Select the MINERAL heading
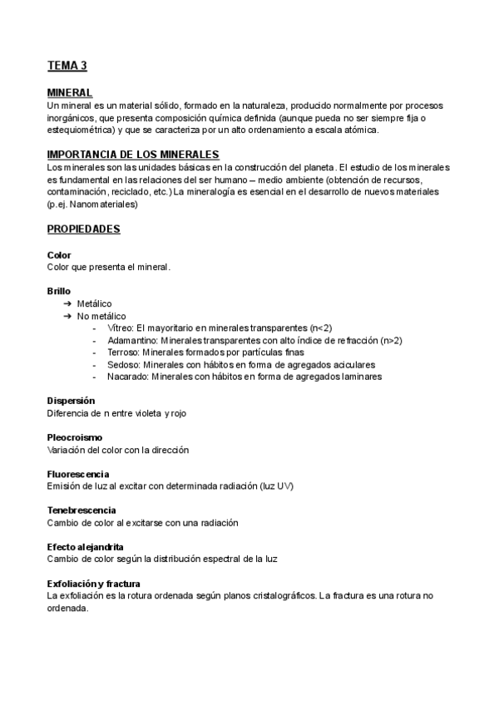click(x=70, y=93)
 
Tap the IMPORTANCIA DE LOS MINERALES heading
click(x=133, y=155)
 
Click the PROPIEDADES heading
click(x=84, y=228)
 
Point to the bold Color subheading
click(x=60, y=254)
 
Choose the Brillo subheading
click(x=59, y=291)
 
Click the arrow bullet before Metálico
click(x=67, y=304)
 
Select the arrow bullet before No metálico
click(x=67, y=317)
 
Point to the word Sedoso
click(x=123, y=364)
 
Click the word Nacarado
click(x=128, y=377)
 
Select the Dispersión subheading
click(x=71, y=401)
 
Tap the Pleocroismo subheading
click(x=76, y=437)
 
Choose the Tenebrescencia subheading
click(x=82, y=510)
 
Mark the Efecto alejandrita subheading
click(x=86, y=547)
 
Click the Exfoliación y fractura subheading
click(x=94, y=584)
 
